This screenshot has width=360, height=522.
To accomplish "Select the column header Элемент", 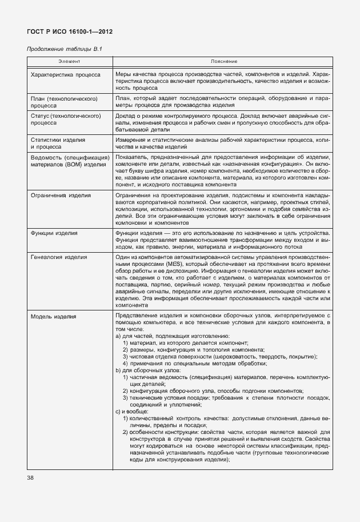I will tap(70, 61).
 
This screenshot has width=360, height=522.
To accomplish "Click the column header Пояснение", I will tap(223, 61).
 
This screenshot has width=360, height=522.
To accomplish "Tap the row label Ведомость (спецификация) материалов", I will tap(70, 161).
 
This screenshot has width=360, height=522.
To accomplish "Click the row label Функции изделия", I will tap(54, 234).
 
